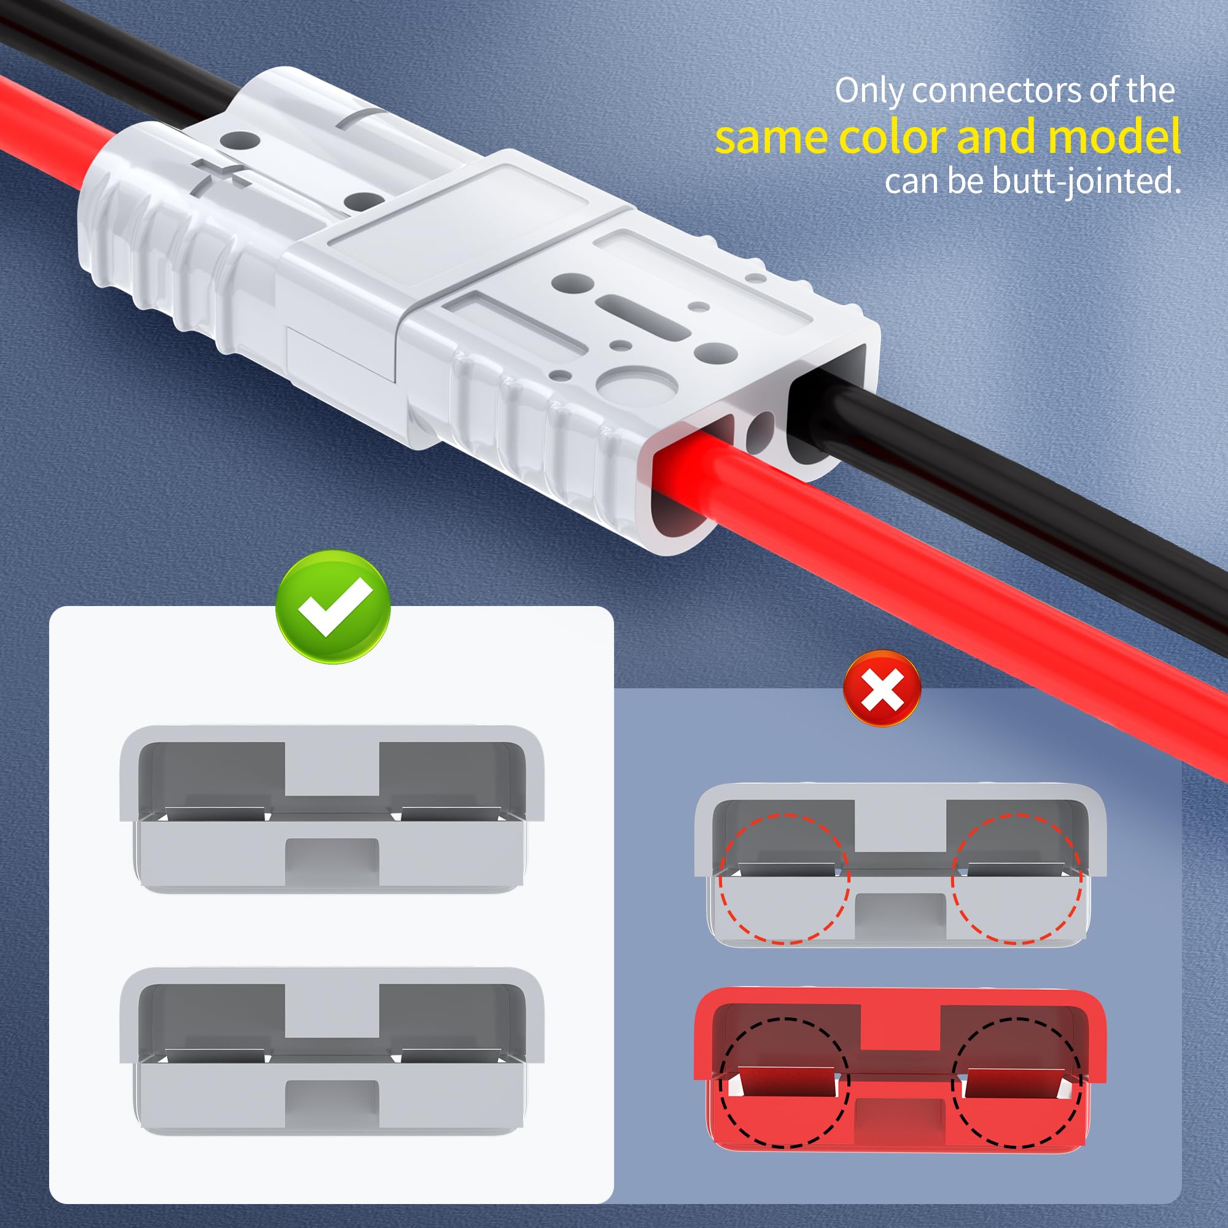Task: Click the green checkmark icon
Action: pyautogui.click(x=332, y=607)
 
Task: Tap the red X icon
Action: pyautogui.click(x=882, y=689)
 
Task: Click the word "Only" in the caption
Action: pyautogui.click(x=869, y=91)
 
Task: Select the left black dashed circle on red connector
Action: pyautogui.click(x=784, y=1082)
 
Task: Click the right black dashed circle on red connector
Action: pyautogui.click(x=1016, y=1082)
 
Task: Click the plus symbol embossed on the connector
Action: pyautogui.click(x=219, y=172)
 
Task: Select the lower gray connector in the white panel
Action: pyautogui.click(x=331, y=1051)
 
